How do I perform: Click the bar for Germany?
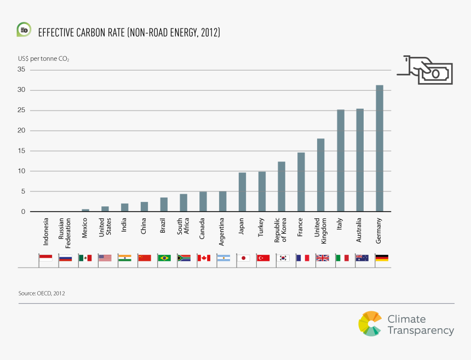pyautogui.click(x=380, y=148)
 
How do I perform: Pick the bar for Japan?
pyautogui.click(x=242, y=192)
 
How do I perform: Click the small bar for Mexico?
pyautogui.click(x=85, y=210)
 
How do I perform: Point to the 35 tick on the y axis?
pyautogui.click(x=21, y=69)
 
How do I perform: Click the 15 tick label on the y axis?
pyautogui.click(x=21, y=151)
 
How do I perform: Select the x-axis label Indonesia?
pyautogui.click(x=46, y=231)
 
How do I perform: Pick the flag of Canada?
pyautogui.click(x=204, y=258)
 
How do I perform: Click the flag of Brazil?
pyautogui.click(x=164, y=258)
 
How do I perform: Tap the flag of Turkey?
pyautogui.click(x=263, y=258)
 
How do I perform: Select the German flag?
pyautogui.click(x=382, y=258)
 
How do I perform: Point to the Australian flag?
pyautogui.click(x=362, y=258)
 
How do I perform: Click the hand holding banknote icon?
pyautogui.click(x=426, y=69)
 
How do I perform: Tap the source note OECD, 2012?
pyautogui.click(x=42, y=294)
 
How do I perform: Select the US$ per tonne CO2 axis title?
pyautogui.click(x=44, y=58)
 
